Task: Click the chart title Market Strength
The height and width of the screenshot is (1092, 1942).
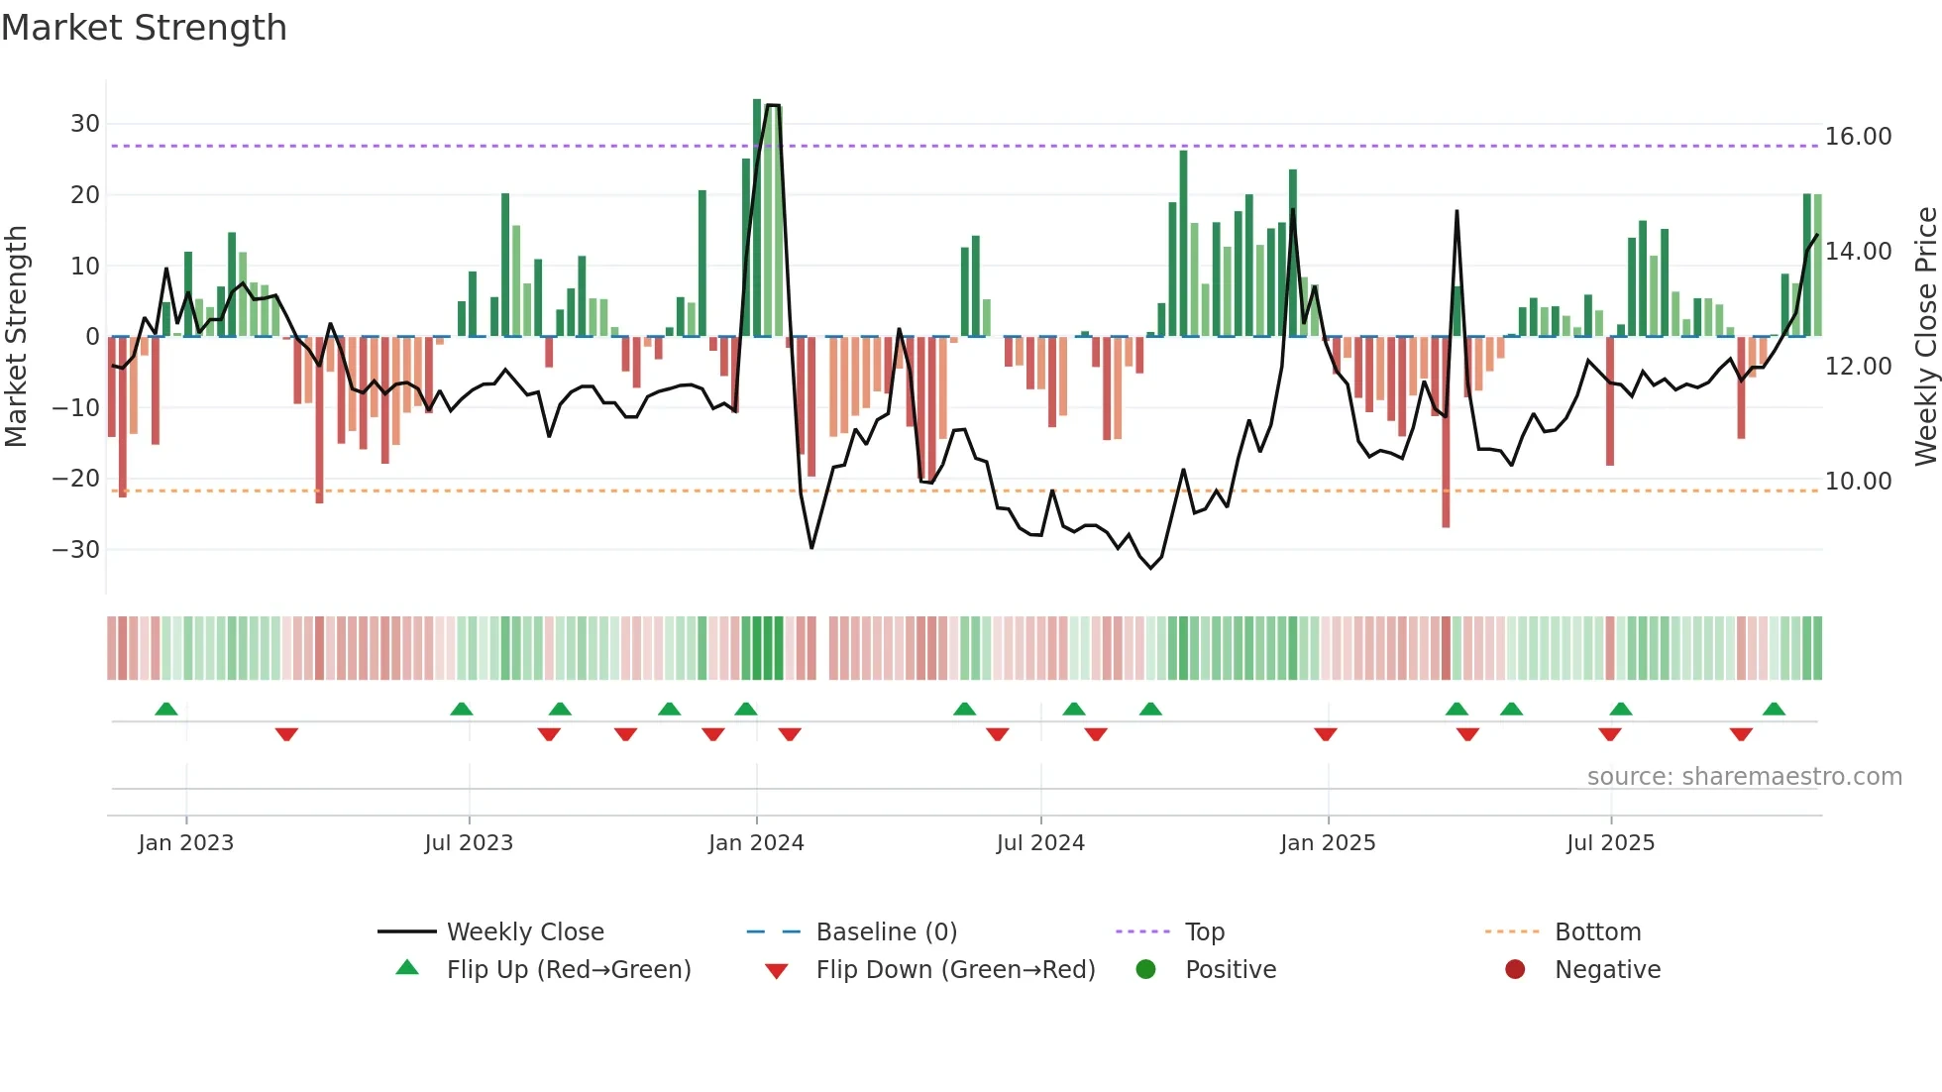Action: pyautogui.click(x=144, y=28)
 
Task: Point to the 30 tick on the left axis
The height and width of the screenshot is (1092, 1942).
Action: pyautogui.click(x=85, y=124)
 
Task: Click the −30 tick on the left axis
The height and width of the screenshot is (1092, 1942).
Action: pyautogui.click(x=76, y=549)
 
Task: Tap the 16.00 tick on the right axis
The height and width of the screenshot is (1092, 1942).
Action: pyautogui.click(x=1858, y=137)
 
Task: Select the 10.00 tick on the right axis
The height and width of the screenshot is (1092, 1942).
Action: pyautogui.click(x=1858, y=482)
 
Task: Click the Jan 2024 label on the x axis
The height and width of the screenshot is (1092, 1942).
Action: pyautogui.click(x=756, y=843)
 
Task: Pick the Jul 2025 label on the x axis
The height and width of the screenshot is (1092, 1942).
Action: pyautogui.click(x=1610, y=843)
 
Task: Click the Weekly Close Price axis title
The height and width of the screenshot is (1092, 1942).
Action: pyautogui.click(x=1925, y=337)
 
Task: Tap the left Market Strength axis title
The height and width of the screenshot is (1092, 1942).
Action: pyautogui.click(x=16, y=337)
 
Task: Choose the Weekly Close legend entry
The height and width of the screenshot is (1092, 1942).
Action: pyautogui.click(x=525, y=932)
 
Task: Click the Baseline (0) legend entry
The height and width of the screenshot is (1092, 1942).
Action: pyautogui.click(x=886, y=932)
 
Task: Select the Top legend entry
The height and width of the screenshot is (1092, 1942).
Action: pyautogui.click(x=1204, y=932)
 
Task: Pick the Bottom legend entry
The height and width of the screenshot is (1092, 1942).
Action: pyautogui.click(x=1597, y=932)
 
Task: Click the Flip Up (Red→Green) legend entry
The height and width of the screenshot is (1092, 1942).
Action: pyautogui.click(x=568, y=970)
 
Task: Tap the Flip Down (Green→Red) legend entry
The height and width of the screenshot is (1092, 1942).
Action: pyautogui.click(x=955, y=970)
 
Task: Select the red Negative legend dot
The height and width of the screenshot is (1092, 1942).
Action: pyautogui.click(x=1515, y=969)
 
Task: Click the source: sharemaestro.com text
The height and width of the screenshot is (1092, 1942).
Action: pyautogui.click(x=1744, y=777)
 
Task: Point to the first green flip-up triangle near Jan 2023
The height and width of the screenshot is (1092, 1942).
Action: pyautogui.click(x=166, y=710)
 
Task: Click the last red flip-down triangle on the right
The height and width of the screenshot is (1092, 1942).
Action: pyautogui.click(x=1741, y=734)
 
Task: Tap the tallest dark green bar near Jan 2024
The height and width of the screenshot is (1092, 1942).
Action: pyautogui.click(x=757, y=218)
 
